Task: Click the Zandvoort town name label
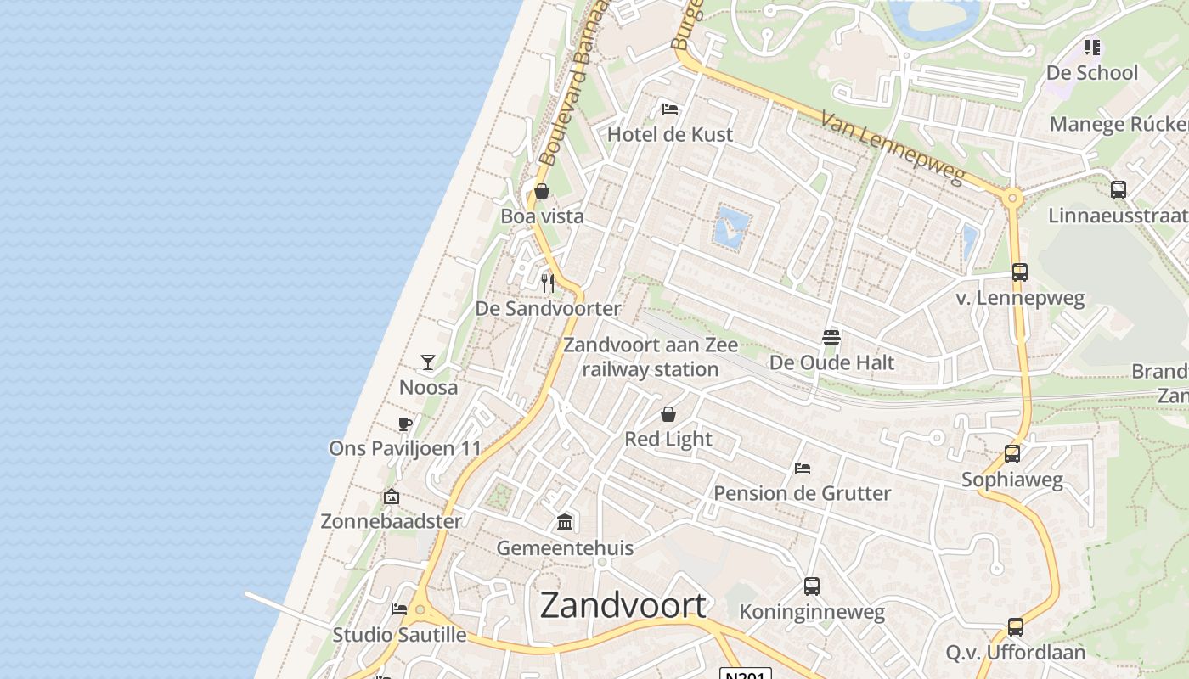[623, 605]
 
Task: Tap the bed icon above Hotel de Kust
[670, 109]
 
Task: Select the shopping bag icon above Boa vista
[542, 191]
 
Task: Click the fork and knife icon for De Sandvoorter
[548, 283]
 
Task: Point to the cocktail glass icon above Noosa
[428, 362]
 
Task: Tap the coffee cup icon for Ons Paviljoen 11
[405, 424]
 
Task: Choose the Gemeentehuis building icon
[565, 522]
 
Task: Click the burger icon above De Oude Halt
[831, 338]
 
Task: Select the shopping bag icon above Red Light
[668, 414]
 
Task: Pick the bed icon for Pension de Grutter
[802, 468]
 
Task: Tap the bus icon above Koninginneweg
[812, 586]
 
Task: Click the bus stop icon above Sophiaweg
[1011, 454]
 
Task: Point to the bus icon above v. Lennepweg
[1020, 272]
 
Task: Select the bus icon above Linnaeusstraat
[1119, 190]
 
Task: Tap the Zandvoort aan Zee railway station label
[651, 357]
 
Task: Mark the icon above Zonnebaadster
[392, 497]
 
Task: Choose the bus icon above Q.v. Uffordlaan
[1016, 627]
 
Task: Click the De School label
[1091, 73]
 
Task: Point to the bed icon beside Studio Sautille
[398, 609]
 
